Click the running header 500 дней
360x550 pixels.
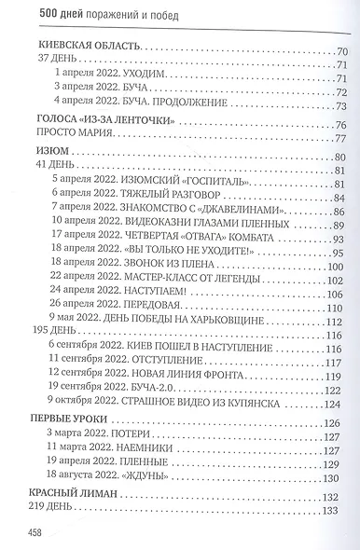coord(48,9)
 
